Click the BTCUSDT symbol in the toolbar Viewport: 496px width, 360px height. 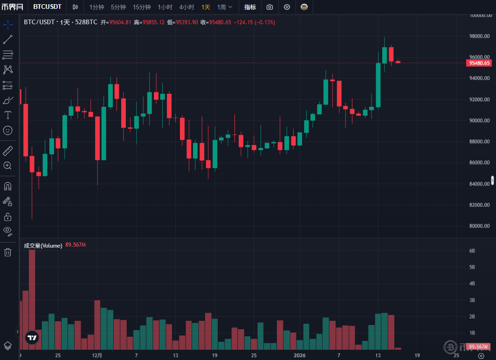tap(48, 7)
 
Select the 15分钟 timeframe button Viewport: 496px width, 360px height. tap(142, 7)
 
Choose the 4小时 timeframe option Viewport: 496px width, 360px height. tap(186, 7)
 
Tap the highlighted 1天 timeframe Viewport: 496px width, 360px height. tap(206, 7)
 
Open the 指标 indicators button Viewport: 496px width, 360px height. tap(250, 7)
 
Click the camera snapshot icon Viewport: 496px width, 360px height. tap(269, 7)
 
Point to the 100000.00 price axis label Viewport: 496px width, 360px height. tap(480, 15)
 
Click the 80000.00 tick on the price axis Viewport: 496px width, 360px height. tap(480, 226)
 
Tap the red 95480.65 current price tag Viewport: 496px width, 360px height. tap(480, 63)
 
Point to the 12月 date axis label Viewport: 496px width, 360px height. tap(97, 355)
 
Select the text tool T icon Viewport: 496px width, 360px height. tap(8, 115)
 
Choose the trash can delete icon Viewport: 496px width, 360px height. tap(8, 252)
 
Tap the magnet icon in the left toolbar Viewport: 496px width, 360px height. tap(8, 186)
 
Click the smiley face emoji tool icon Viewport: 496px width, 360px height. tap(8, 130)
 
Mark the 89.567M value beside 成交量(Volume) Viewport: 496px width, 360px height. tap(76, 245)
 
